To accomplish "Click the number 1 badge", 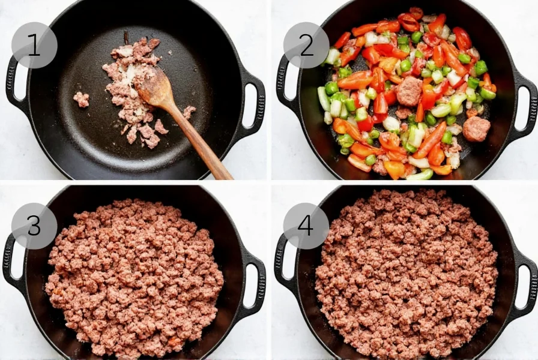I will (x=34, y=46).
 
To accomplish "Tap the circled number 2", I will (x=306, y=46).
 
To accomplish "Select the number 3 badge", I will (x=34, y=226).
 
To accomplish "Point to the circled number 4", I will (x=306, y=226).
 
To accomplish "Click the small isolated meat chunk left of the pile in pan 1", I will (x=81, y=99).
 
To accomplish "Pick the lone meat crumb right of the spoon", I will (x=189, y=112).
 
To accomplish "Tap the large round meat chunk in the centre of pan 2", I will (x=409, y=91).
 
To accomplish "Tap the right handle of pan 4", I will (x=524, y=282).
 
